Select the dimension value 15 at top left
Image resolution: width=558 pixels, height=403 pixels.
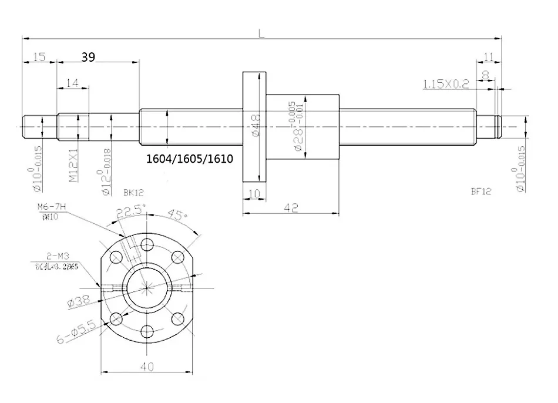(x=39, y=56)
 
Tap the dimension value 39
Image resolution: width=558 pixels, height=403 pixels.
(x=88, y=56)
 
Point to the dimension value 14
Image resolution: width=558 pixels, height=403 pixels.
(x=73, y=83)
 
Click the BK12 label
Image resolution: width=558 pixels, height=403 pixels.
(x=134, y=192)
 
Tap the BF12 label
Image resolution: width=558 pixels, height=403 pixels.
(x=481, y=191)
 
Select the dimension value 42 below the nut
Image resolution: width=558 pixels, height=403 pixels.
(x=291, y=207)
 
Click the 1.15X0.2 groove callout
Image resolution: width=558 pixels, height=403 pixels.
(x=446, y=84)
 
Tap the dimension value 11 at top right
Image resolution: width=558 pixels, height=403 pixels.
(x=488, y=56)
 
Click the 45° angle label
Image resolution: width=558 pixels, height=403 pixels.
(x=175, y=214)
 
